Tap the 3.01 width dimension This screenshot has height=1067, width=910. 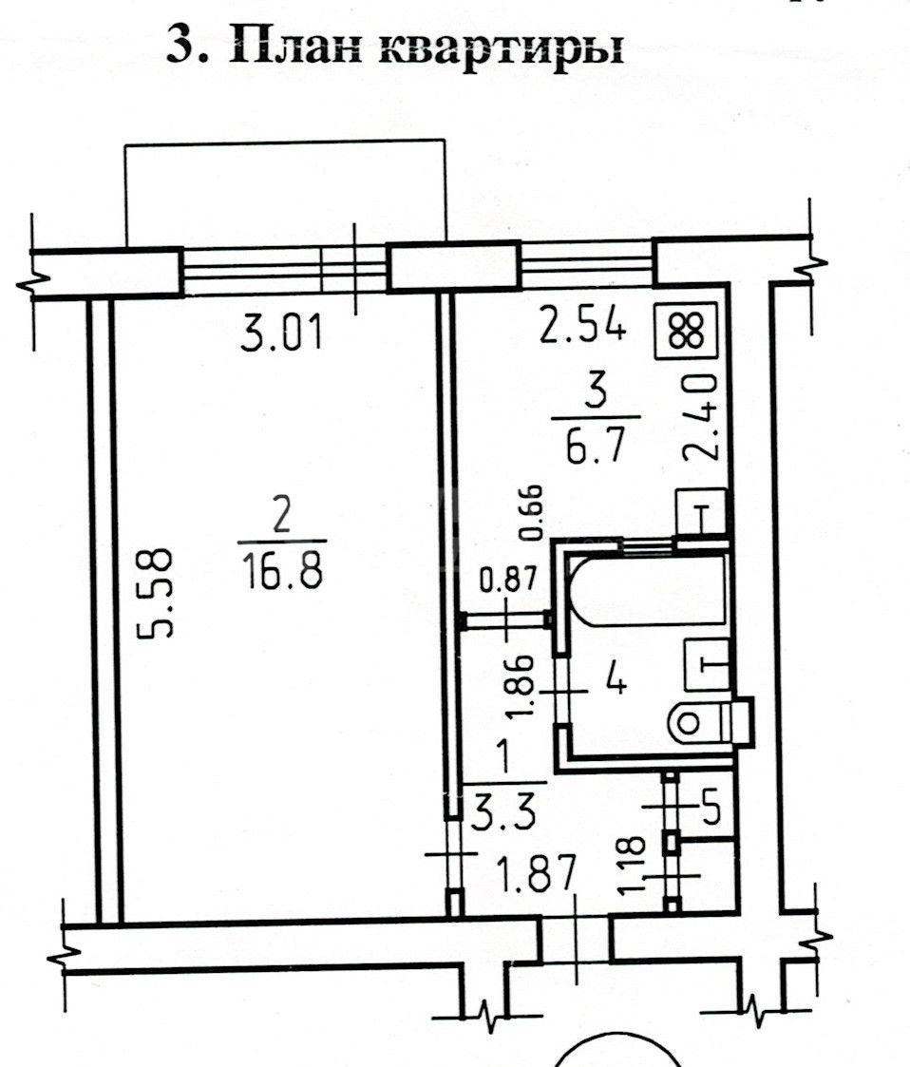tap(281, 334)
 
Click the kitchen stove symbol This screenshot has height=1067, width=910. tap(686, 331)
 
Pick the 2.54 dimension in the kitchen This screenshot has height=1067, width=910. tap(582, 324)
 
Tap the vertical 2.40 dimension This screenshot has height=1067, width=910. tap(700, 417)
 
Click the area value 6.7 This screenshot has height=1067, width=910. tap(595, 448)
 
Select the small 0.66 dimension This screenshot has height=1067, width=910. tap(530, 512)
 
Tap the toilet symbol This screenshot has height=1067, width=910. tap(711, 721)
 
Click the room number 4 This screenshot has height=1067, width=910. tap(616, 679)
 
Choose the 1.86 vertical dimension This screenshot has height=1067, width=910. tap(522, 686)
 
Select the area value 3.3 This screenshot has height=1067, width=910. tap(504, 815)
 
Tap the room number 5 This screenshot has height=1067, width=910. tap(711, 809)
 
